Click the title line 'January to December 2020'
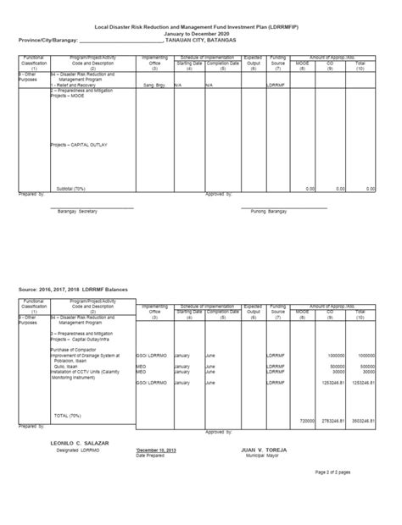(x=201, y=33)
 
